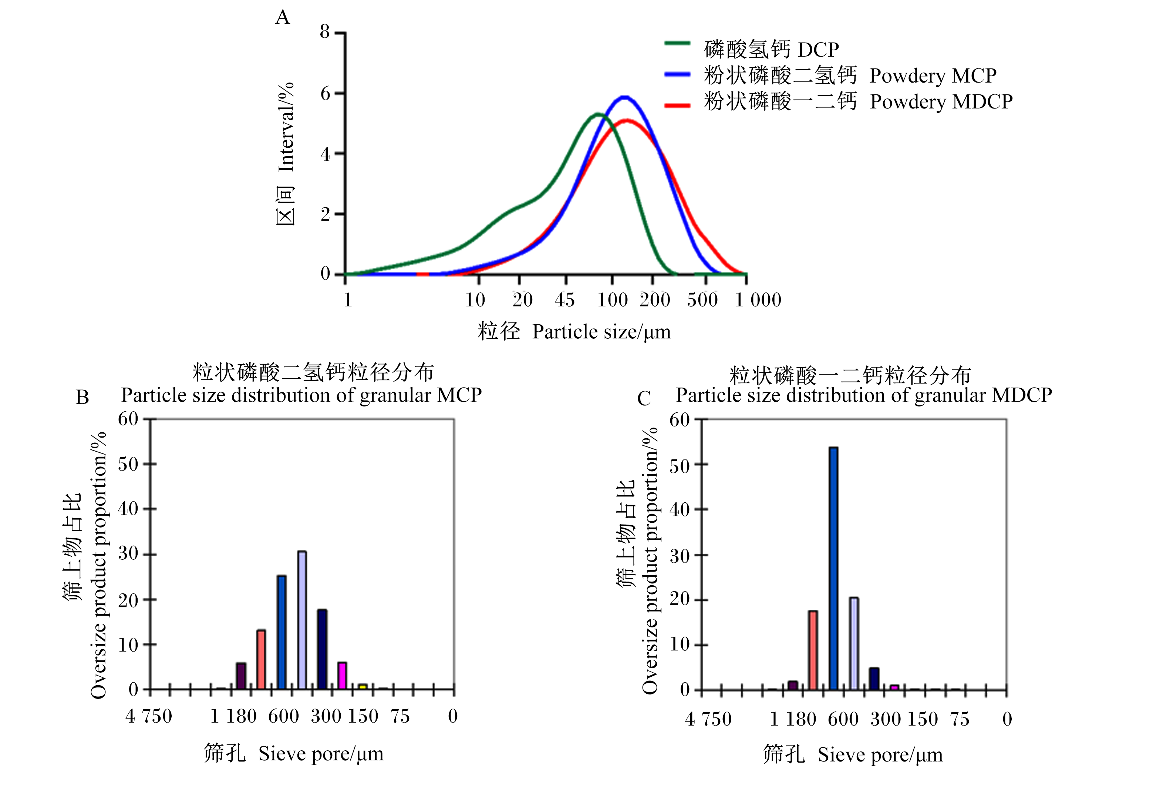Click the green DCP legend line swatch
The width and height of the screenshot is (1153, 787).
(677, 43)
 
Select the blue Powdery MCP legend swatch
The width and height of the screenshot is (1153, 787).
(677, 74)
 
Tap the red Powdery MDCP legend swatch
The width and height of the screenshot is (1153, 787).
(677, 105)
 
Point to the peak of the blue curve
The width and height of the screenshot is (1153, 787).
(625, 97)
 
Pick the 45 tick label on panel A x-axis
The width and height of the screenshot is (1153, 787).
(564, 300)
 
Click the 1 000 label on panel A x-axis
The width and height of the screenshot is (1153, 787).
(758, 300)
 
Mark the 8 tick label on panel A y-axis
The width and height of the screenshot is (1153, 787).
(325, 32)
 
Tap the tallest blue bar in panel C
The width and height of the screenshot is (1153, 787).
(833, 569)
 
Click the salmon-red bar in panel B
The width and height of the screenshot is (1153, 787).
(261, 660)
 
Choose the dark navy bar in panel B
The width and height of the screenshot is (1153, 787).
(322, 649)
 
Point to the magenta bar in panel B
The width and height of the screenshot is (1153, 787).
(342, 676)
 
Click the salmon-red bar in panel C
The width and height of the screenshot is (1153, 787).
(813, 650)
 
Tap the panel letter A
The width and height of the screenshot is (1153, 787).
(282, 18)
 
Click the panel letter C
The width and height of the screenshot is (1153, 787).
(644, 398)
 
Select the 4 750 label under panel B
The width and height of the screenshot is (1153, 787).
(149, 717)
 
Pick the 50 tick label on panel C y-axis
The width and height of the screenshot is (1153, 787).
(679, 466)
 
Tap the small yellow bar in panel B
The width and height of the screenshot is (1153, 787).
(363, 687)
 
